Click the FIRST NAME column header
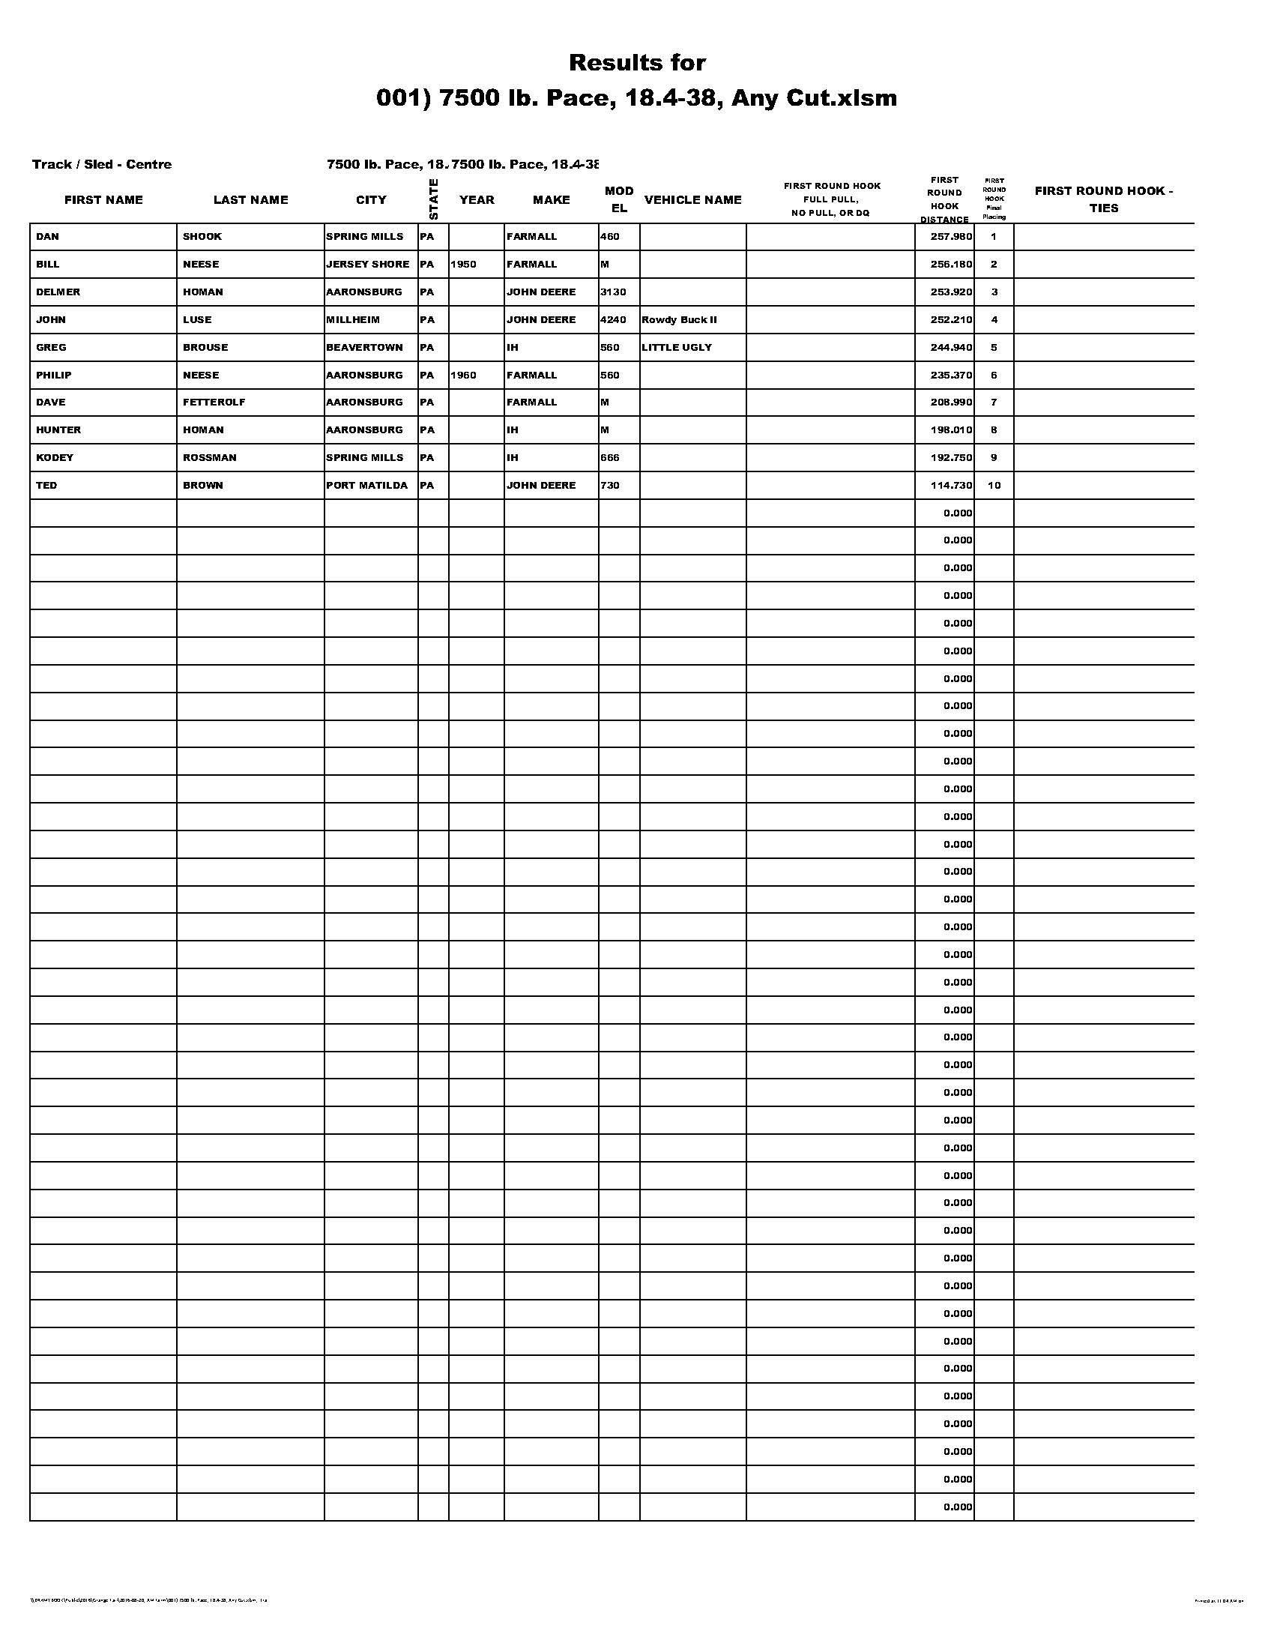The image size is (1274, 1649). (103, 200)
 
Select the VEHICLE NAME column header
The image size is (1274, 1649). (693, 200)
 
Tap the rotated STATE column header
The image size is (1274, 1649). (433, 199)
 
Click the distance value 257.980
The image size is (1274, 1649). (951, 237)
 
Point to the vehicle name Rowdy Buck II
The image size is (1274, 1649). (679, 320)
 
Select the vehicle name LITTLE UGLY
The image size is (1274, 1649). (676, 348)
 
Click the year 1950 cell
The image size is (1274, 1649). (463, 265)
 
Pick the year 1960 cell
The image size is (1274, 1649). (463, 376)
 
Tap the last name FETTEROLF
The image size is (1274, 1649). (214, 403)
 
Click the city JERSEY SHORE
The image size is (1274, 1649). (367, 265)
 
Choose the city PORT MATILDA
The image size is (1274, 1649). (366, 486)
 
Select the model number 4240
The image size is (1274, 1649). (613, 320)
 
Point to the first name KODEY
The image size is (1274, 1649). (55, 457)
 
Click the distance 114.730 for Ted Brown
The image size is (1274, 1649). (951, 486)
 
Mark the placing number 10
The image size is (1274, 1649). (994, 486)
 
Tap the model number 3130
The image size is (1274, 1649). (613, 292)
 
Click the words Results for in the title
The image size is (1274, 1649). (637, 63)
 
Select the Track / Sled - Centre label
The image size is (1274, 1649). (102, 165)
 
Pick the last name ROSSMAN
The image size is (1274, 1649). (209, 457)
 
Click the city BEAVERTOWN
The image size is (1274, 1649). (364, 348)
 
